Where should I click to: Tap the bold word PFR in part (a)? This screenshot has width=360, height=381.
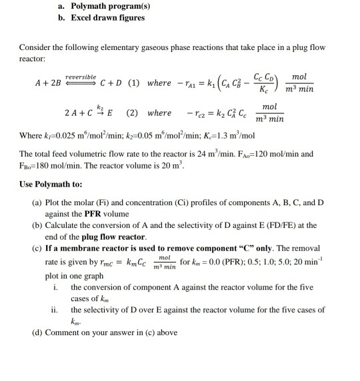point(106,214)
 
